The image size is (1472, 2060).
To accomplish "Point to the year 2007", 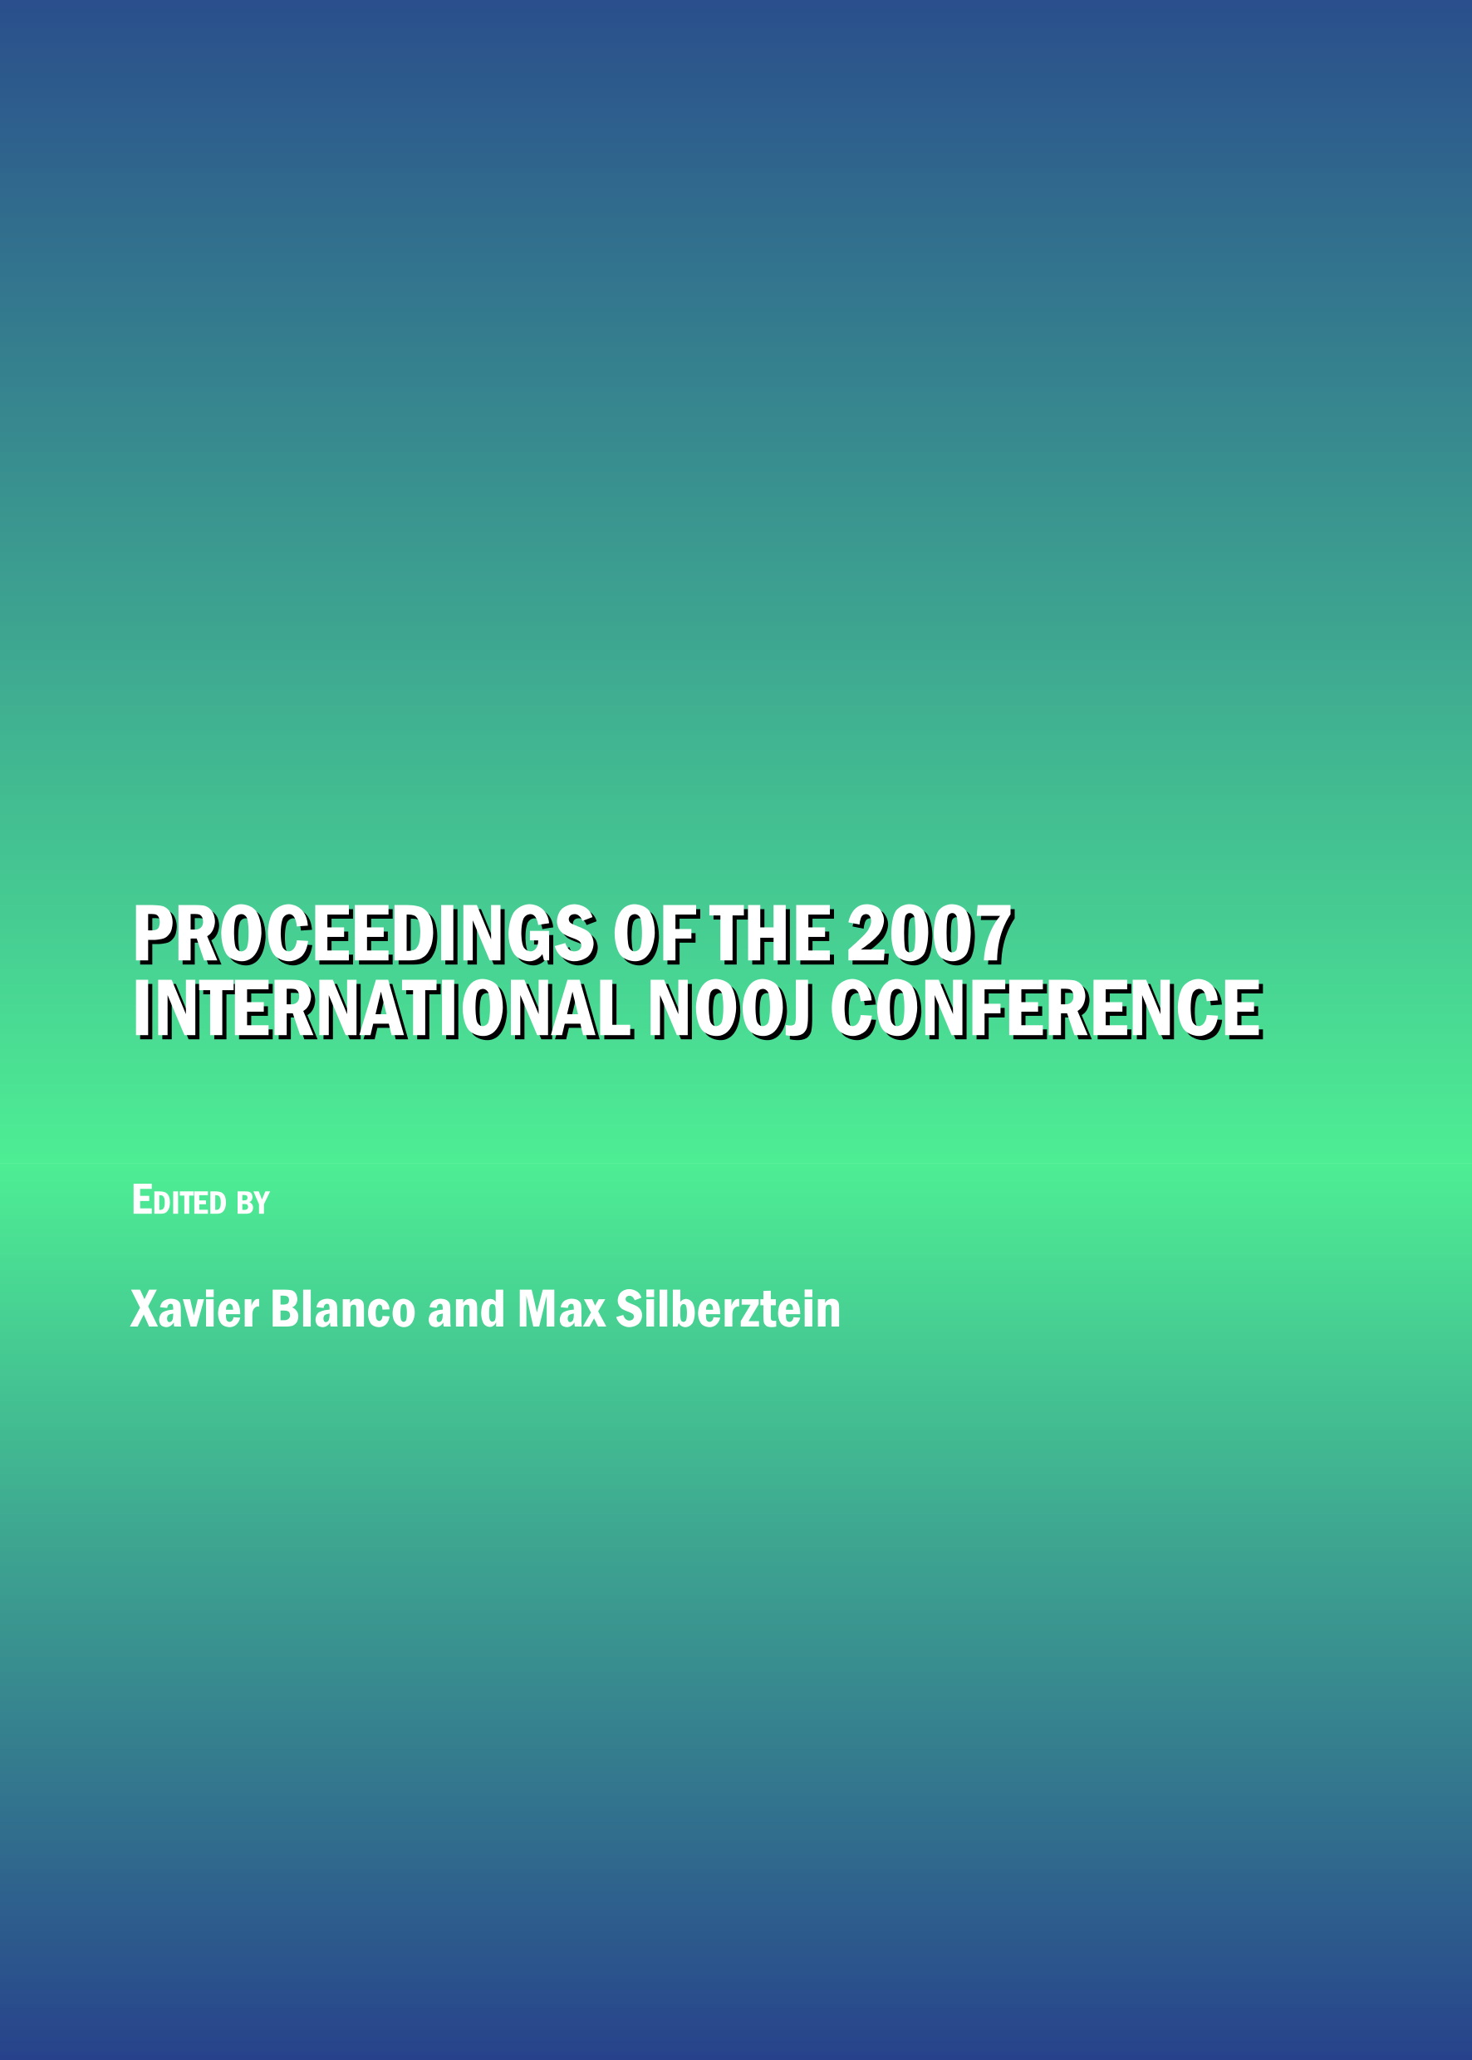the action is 931,936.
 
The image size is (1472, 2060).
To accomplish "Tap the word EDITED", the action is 179,1200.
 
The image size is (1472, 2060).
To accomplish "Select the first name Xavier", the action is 195,1309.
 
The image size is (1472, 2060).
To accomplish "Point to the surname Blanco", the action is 342,1309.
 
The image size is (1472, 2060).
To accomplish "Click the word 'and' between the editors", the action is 466,1309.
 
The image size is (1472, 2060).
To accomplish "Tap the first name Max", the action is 561,1309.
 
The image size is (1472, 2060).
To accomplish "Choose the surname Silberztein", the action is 729,1309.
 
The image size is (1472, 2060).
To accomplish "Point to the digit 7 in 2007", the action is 994,936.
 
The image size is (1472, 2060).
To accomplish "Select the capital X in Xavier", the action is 145,1309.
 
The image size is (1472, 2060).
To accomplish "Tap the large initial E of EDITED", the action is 142,1200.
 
